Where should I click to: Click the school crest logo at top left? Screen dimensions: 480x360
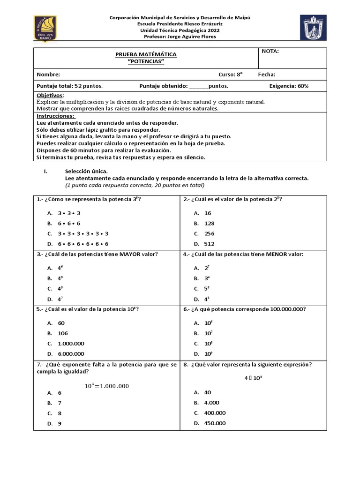tap(45, 28)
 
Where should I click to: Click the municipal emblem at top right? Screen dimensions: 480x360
tap(313, 27)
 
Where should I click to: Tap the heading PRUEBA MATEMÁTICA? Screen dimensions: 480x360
tap(146, 55)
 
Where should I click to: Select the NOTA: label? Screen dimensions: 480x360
tap(270, 52)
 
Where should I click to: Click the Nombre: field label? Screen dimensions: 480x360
tap(48, 75)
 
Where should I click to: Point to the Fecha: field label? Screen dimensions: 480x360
tap(266, 75)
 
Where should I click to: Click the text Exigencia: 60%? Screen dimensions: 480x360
tap(289, 86)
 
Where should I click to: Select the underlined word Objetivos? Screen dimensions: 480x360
tap(50, 95)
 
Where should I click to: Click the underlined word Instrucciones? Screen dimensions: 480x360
tap(55, 116)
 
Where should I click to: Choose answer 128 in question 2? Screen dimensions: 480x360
tap(209, 224)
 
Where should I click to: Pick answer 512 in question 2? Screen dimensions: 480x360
tap(209, 244)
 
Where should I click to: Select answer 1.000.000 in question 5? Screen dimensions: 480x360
tap(71, 344)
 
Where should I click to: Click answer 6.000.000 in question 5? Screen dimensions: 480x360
tap(71, 354)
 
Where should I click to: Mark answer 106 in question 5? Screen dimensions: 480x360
tap(63, 333)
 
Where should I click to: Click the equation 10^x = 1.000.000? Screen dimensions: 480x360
tap(106, 386)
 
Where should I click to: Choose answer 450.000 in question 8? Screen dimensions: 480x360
tap(215, 423)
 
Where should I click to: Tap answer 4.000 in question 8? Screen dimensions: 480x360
tap(212, 403)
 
